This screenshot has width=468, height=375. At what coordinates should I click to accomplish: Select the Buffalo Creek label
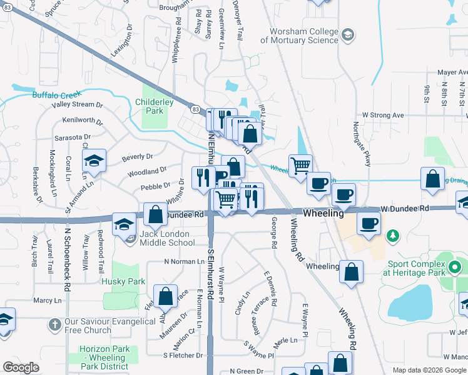pos(57,95)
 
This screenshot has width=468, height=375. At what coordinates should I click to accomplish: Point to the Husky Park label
pos(128,282)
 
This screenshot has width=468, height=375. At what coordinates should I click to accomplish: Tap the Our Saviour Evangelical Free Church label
pos(109,326)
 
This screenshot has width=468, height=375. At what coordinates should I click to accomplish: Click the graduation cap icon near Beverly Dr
pos(94,161)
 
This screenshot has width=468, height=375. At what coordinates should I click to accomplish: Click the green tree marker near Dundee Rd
pos(392,236)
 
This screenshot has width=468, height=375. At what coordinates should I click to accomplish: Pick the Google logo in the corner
pos(21,367)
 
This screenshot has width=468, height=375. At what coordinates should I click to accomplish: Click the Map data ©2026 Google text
pos(429,370)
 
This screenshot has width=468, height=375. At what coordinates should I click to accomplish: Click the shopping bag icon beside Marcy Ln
pos(166,297)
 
